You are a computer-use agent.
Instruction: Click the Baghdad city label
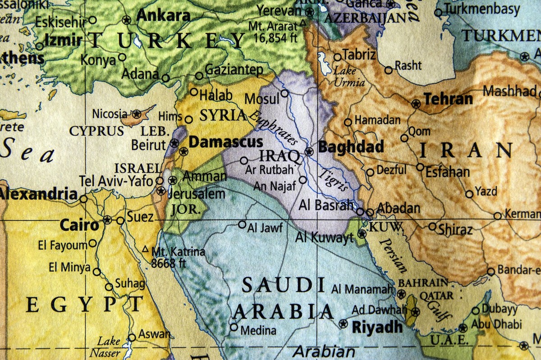coord(351,147)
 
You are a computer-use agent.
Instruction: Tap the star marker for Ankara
coord(126,20)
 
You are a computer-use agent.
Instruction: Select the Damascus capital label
coord(225,142)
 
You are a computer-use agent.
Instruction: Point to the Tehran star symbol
coord(416,104)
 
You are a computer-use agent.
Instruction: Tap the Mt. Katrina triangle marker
coord(145,249)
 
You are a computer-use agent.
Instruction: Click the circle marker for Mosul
coord(284,93)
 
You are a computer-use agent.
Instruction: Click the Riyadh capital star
coord(343,324)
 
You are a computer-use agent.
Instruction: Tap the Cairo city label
coord(79,225)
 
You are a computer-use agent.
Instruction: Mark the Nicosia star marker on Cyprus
coord(137,114)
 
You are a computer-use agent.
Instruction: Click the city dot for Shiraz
coord(432,226)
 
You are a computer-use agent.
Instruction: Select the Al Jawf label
coord(265,228)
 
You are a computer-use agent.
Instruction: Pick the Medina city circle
coord(234,327)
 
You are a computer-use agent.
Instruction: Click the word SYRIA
coord(223,115)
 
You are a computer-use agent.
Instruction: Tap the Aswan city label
coord(154,334)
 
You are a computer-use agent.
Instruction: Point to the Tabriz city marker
coord(337,57)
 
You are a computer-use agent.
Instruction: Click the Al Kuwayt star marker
coord(362,233)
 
